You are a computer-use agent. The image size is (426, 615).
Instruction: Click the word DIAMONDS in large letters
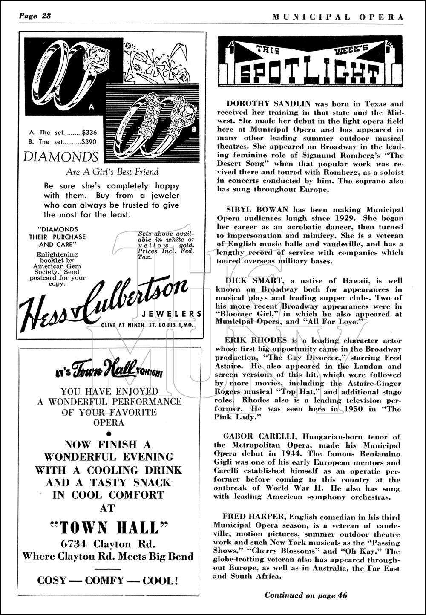click(x=61, y=157)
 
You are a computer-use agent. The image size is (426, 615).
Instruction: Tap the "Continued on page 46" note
click(x=306, y=595)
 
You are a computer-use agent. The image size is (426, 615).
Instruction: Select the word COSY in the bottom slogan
click(x=53, y=580)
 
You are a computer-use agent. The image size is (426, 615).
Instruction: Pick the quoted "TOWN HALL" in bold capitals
click(x=109, y=528)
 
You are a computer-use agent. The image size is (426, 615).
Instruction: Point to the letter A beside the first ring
click(x=91, y=107)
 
